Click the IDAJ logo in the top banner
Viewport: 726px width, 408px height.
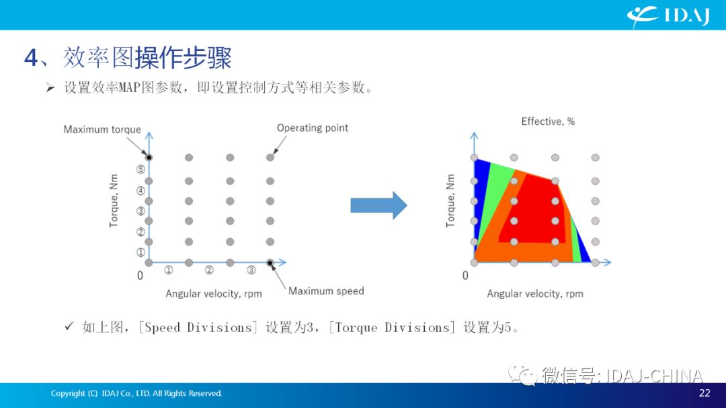pyautogui.click(x=668, y=15)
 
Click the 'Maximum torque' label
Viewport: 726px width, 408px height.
pyautogui.click(x=102, y=130)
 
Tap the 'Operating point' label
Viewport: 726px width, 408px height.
pyautogui.click(x=313, y=128)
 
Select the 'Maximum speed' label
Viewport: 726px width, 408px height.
pyautogui.click(x=326, y=291)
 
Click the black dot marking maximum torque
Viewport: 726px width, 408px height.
pyautogui.click(x=149, y=157)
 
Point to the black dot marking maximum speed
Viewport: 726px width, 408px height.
pyautogui.click(x=270, y=263)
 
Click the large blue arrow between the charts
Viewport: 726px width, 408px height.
pyautogui.click(x=378, y=205)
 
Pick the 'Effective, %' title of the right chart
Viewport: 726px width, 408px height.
pyautogui.click(x=548, y=122)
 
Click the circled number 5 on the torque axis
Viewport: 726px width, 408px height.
pyautogui.click(x=140, y=169)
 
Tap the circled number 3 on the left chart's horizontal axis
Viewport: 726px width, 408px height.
pyautogui.click(x=251, y=270)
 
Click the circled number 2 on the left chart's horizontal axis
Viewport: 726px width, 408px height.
pyautogui.click(x=209, y=270)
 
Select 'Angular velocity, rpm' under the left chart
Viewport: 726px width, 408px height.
pyautogui.click(x=214, y=294)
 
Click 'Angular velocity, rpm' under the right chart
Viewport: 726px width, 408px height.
pyautogui.click(x=535, y=294)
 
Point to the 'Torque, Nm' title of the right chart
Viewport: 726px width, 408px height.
pyautogui.click(x=450, y=201)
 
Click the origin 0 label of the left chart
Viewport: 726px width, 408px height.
pyautogui.click(x=140, y=276)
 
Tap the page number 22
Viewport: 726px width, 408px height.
pyautogui.click(x=704, y=393)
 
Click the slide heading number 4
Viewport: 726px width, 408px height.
pyautogui.click(x=31, y=58)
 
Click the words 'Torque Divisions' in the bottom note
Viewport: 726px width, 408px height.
pyautogui.click(x=392, y=328)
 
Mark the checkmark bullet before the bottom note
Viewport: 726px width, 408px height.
pyautogui.click(x=69, y=327)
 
